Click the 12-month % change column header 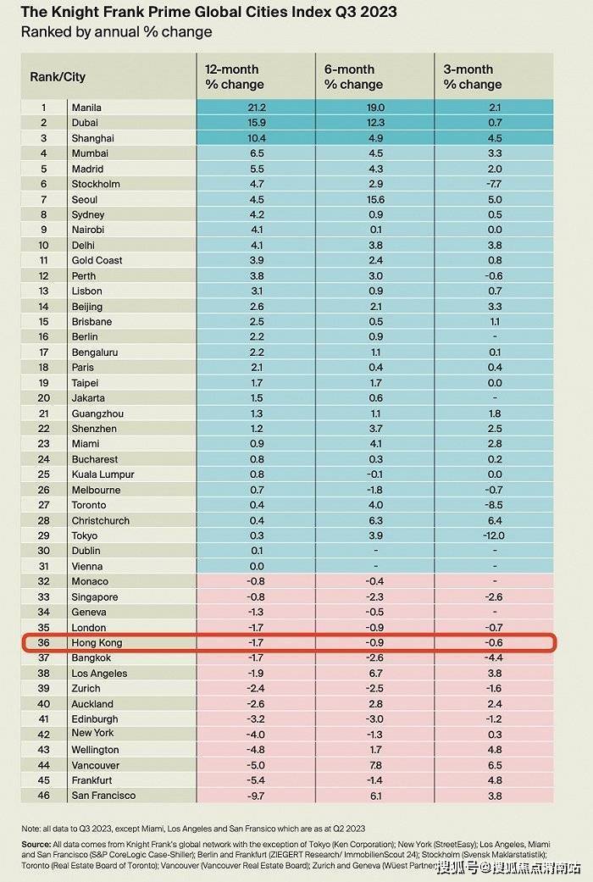click(x=235, y=76)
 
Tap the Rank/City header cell click(x=58, y=76)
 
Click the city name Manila click(x=87, y=108)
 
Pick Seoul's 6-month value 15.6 click(x=375, y=199)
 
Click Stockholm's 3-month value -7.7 click(x=495, y=184)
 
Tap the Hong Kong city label click(x=97, y=642)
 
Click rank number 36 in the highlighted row click(x=44, y=642)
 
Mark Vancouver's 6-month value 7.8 click(x=376, y=765)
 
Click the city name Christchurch click(x=100, y=520)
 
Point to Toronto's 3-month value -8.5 click(x=495, y=505)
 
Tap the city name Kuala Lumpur click(x=103, y=474)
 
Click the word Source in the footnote click(x=37, y=845)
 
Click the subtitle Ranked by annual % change click(x=116, y=32)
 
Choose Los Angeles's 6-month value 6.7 click(x=376, y=673)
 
